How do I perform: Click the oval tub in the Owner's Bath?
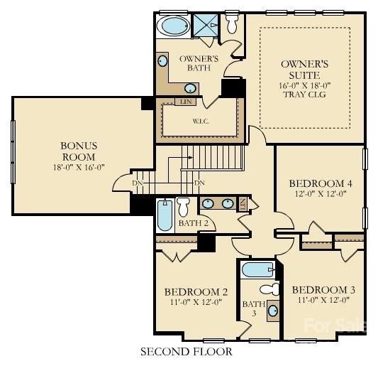point(172,26)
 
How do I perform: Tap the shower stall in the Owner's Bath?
point(206,25)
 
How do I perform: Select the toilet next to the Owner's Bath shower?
point(233,23)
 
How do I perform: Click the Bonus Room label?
point(79,151)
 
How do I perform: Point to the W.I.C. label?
point(201,122)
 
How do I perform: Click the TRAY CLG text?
point(305,95)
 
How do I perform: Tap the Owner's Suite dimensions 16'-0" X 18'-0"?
point(305,85)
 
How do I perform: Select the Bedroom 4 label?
point(321,183)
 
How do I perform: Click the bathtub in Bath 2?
point(165,215)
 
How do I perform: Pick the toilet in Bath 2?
point(184,207)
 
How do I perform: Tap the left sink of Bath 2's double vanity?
point(208,203)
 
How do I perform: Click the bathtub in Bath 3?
point(258,269)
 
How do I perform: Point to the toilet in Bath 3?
point(269,289)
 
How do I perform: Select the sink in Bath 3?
point(273,311)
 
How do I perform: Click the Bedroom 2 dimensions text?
point(196,302)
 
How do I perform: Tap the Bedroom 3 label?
point(323,290)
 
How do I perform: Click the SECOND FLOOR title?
point(187,351)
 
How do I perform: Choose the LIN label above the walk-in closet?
point(186,102)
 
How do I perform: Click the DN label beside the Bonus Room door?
point(138,183)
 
